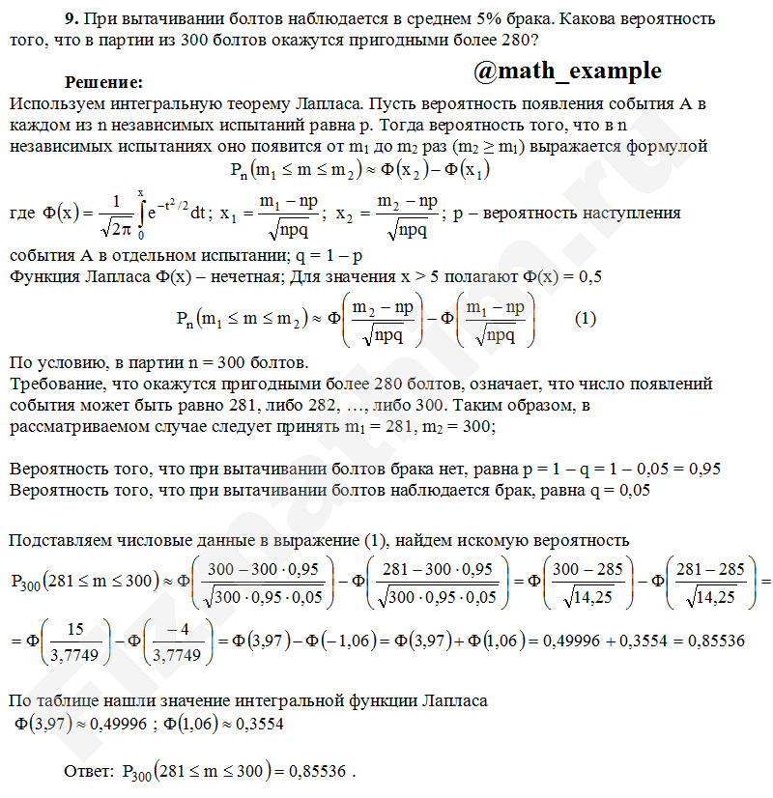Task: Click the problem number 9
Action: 70,18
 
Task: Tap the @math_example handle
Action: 568,71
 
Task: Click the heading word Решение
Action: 103,83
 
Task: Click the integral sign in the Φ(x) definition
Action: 142,214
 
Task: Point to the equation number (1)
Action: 586,318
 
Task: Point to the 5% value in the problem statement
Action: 496,18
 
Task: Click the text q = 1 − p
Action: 328,256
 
